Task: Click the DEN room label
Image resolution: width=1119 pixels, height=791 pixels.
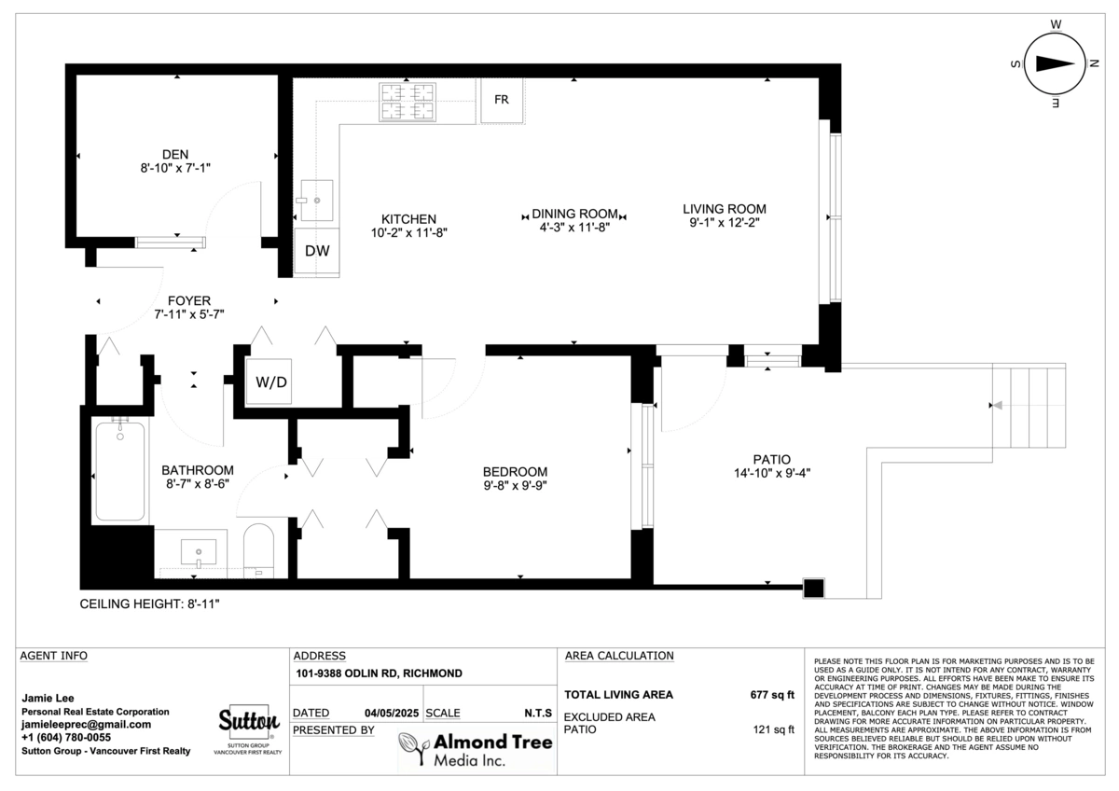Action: (x=175, y=155)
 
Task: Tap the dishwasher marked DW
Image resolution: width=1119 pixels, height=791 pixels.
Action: (x=317, y=251)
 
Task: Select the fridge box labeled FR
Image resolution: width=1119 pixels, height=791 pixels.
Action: (x=502, y=100)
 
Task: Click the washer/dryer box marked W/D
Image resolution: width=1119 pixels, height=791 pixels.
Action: (x=271, y=382)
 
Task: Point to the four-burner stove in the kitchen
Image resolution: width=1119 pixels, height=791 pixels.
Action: (x=408, y=102)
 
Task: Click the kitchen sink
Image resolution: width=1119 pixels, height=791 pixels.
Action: (x=317, y=201)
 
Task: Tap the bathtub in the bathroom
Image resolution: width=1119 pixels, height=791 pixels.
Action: (x=120, y=472)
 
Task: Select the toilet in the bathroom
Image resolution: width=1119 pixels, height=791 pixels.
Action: (x=259, y=550)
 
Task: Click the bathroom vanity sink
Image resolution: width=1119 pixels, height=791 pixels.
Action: (x=199, y=552)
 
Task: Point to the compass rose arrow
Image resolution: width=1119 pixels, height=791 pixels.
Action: (x=1055, y=64)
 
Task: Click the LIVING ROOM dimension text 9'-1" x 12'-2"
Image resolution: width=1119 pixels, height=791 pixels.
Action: (x=725, y=223)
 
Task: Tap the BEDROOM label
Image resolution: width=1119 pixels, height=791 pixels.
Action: (x=515, y=472)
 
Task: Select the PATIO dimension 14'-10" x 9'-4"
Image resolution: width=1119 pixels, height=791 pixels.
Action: (x=772, y=473)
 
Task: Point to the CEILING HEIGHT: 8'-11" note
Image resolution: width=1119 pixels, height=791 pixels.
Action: (x=150, y=604)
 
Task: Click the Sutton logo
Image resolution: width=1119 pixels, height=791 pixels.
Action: (x=249, y=723)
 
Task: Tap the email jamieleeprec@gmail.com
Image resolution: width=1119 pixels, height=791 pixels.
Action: (x=86, y=725)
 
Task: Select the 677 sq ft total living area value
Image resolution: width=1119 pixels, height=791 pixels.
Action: (x=772, y=695)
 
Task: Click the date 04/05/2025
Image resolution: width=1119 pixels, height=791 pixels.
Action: (x=392, y=713)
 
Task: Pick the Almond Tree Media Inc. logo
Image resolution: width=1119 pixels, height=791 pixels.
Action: (x=476, y=750)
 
